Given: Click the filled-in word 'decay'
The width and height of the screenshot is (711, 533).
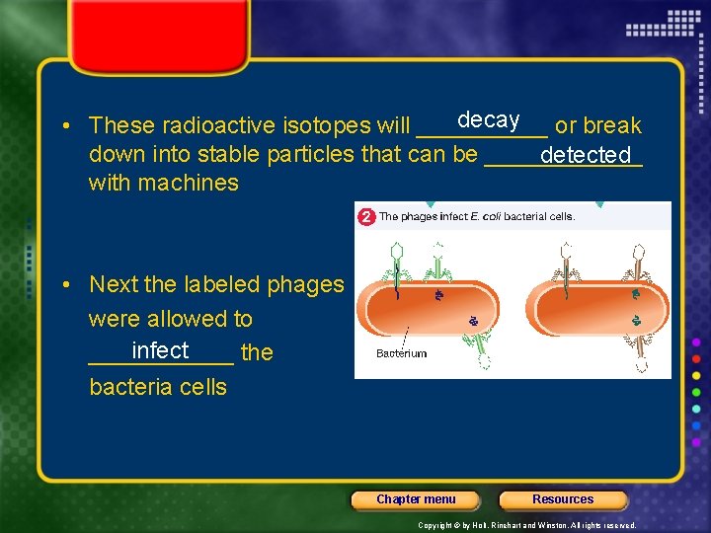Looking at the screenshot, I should click(488, 119).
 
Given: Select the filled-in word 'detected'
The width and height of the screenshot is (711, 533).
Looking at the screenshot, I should click(586, 155).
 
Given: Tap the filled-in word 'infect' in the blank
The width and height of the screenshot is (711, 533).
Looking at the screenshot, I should click(160, 350).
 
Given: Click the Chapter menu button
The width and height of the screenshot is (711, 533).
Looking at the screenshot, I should click(416, 499).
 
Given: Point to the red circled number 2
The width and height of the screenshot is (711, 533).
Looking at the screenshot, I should click(365, 216).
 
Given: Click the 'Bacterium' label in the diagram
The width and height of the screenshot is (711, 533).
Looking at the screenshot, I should click(401, 353).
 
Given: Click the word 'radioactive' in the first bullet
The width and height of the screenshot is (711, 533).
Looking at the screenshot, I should click(218, 126).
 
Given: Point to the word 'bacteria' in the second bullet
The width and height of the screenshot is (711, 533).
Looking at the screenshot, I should click(129, 387).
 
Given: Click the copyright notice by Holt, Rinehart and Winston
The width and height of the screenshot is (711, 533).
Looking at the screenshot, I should click(527, 525).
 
